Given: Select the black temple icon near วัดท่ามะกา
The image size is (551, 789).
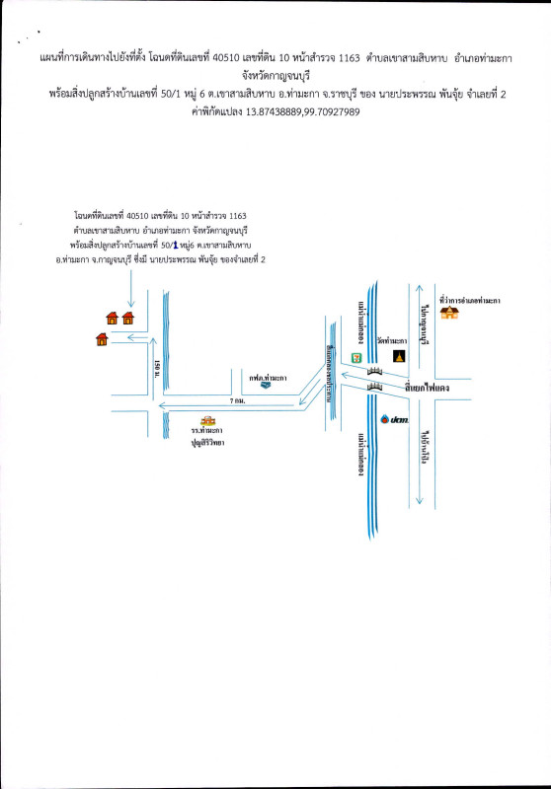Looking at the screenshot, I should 399,356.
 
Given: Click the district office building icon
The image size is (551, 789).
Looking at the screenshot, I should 451,313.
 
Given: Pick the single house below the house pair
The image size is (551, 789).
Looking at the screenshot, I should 103,340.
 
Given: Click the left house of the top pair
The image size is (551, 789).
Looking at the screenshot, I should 112,318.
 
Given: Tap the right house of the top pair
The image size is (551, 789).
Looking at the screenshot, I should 128,318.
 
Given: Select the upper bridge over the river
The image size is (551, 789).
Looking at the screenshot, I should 375,370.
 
